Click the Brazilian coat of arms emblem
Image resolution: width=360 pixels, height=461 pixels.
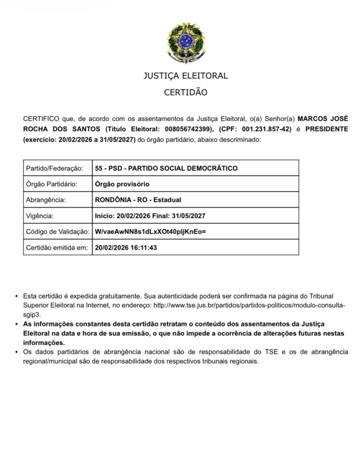186,43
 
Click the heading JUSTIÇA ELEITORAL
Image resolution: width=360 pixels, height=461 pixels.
185,76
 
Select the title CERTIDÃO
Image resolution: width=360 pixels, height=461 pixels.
185,93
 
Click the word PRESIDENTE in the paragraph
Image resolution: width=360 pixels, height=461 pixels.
327,129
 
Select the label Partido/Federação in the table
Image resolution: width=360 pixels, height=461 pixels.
54,168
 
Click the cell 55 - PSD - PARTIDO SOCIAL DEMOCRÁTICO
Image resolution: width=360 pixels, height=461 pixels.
166,168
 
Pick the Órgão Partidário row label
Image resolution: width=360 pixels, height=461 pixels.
52,184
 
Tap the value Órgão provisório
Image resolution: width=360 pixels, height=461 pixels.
122,184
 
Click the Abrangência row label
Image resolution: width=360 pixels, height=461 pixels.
46,200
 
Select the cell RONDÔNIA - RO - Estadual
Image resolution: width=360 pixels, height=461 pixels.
138,200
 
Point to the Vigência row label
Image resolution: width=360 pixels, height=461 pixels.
40,216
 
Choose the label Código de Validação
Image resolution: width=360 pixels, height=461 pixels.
57,231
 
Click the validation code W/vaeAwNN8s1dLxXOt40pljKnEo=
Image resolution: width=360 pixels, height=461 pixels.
150,231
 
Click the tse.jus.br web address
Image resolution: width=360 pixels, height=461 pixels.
249,305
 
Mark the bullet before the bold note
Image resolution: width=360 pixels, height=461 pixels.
17,324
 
